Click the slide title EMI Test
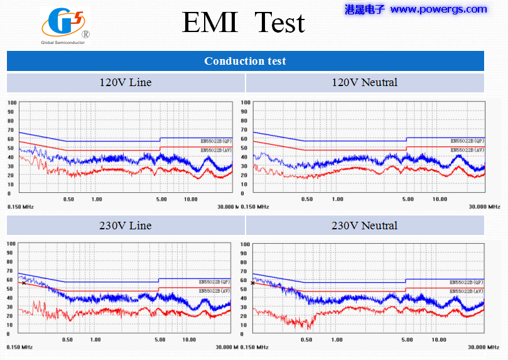243,23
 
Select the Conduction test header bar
245,61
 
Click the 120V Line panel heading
126,82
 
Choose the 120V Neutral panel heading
365,82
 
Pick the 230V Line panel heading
126,226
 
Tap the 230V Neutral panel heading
365,226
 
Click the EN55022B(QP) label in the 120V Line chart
216,141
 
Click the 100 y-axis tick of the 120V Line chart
12,102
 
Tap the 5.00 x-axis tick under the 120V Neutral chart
408,199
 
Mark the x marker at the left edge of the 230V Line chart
24,283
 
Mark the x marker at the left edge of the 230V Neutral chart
252,283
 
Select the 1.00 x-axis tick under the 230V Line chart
95,340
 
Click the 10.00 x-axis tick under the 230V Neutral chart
440,340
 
